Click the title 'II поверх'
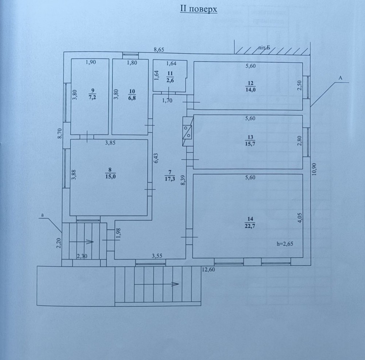click(199, 9)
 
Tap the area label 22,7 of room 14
click(250, 226)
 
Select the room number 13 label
click(250, 137)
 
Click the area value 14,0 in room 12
click(250, 89)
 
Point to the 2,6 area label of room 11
click(170, 80)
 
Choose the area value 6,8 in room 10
click(132, 98)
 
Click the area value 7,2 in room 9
click(92, 97)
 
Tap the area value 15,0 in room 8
click(110, 176)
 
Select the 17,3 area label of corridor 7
click(170, 179)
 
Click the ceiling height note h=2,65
click(285, 244)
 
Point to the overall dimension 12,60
click(208, 270)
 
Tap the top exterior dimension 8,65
click(159, 50)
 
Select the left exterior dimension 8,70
click(60, 134)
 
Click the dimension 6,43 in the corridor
click(156, 158)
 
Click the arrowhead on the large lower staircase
click(175, 284)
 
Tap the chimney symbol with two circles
click(187, 132)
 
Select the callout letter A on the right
click(340, 78)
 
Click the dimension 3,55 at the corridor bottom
click(157, 256)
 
